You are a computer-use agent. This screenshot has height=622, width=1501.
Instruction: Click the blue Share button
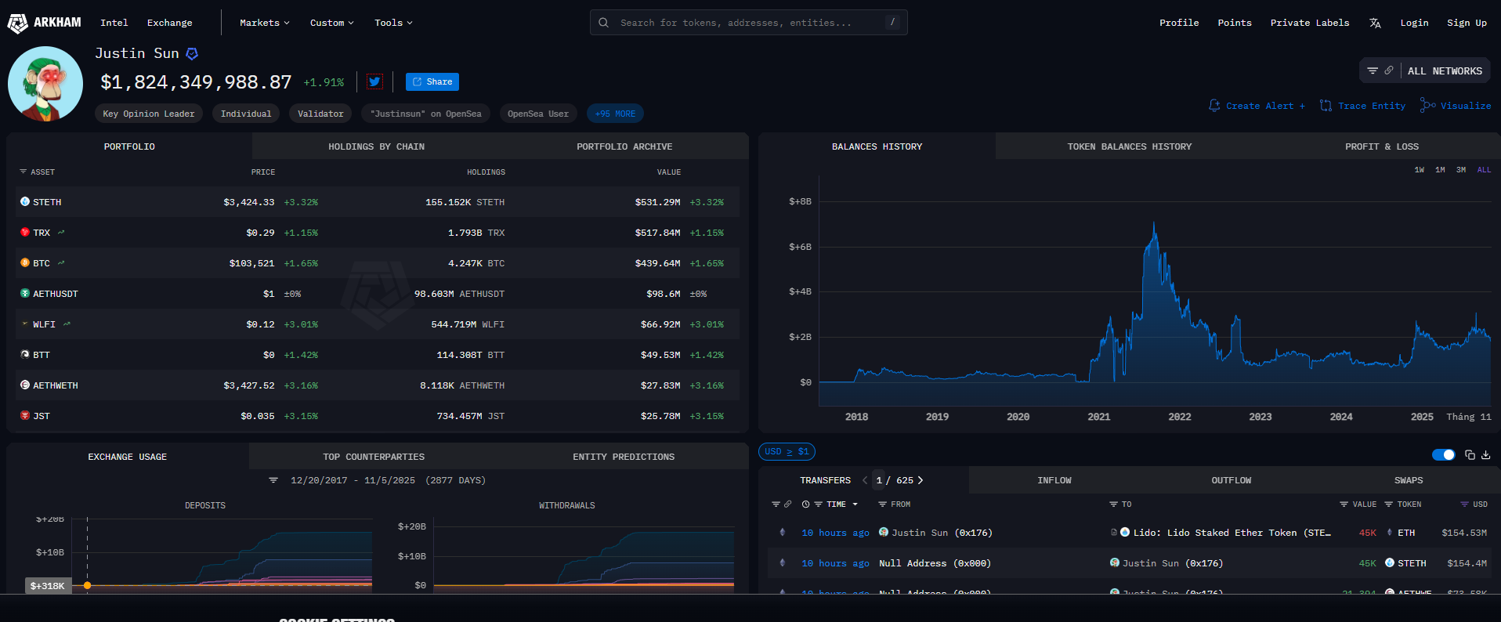point(432,81)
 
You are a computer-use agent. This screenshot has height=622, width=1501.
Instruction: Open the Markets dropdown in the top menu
point(264,23)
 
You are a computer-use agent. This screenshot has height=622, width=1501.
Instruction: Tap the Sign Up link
point(1467,23)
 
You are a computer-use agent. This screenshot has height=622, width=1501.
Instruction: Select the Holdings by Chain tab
point(376,146)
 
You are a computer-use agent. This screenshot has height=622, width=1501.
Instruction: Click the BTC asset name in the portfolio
point(42,263)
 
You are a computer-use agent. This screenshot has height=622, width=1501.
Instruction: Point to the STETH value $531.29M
point(657,202)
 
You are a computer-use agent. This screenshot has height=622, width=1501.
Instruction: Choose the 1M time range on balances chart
point(1440,170)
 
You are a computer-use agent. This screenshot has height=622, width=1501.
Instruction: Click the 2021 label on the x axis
point(1098,417)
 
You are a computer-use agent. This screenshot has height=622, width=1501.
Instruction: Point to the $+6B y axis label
point(800,247)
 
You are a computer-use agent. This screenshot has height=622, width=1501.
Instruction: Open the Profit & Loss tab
point(1381,146)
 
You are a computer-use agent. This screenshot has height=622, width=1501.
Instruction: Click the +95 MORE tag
point(615,114)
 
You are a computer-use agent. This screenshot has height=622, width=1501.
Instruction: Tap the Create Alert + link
point(1257,106)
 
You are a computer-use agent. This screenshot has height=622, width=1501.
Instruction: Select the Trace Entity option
point(1363,106)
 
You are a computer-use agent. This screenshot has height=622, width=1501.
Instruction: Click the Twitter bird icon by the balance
point(374,81)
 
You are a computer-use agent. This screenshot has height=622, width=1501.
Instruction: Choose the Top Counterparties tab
point(374,457)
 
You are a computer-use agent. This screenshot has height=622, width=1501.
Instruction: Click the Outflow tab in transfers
point(1231,480)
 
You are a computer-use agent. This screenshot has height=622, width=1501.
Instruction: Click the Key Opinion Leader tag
point(149,114)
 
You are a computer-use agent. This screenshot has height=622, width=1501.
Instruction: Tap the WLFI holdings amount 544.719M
point(454,324)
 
